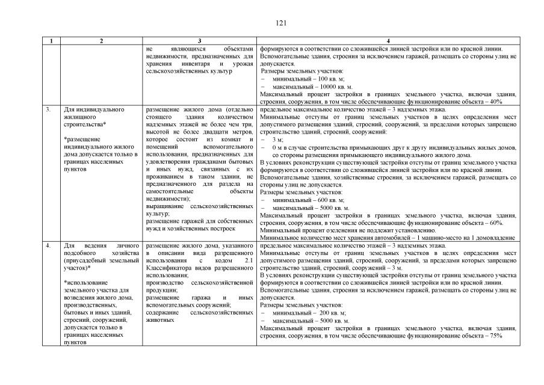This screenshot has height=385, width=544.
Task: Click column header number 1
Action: coord(52,41)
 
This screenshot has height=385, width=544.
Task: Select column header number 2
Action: coord(100,41)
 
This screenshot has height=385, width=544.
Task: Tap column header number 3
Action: coord(199,41)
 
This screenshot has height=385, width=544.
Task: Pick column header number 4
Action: coord(388,41)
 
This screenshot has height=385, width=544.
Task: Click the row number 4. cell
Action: coord(48,245)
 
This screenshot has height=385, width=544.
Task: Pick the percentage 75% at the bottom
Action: coord(496,336)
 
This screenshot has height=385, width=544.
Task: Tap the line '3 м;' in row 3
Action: coord(277,139)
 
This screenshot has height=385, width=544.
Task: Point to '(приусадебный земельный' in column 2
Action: coord(101,260)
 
